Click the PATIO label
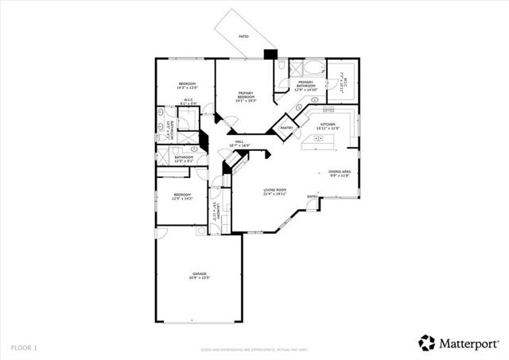coord(243,37)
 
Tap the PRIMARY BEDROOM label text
coord(245,96)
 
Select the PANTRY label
coord(286,127)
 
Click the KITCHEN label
coord(328,125)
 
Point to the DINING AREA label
coord(340,173)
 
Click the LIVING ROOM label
coord(275,191)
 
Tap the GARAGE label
coord(199,275)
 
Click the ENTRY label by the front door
coord(313,197)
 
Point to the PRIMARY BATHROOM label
coord(306,86)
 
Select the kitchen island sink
coord(323,139)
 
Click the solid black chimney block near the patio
coord(270,55)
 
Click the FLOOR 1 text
coord(24,347)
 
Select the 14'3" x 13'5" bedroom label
coord(187,85)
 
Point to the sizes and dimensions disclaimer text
coord(254,348)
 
